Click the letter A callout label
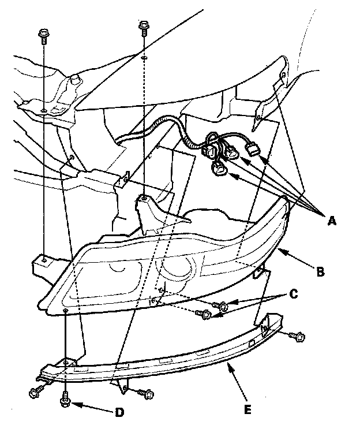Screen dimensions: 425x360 [332, 219]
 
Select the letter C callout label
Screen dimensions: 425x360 [293, 293]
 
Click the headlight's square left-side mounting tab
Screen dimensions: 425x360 [40, 265]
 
